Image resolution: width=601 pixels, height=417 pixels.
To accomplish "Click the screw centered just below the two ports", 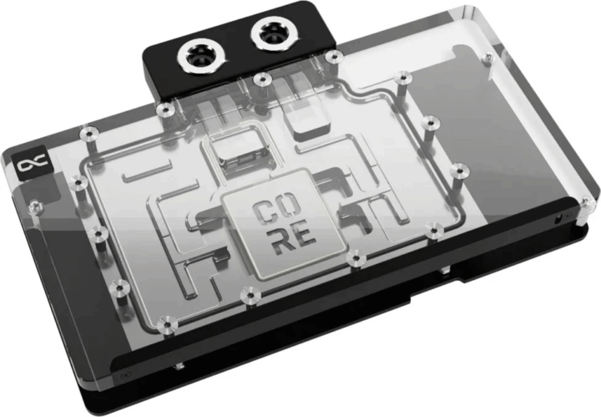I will tap(262, 79).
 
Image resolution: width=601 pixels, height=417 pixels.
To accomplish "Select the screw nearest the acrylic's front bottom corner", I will tap(168, 320).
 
